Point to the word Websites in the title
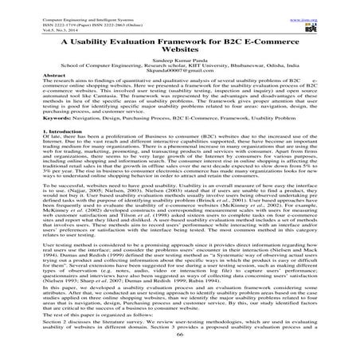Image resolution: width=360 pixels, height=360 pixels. pos(180,52)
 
